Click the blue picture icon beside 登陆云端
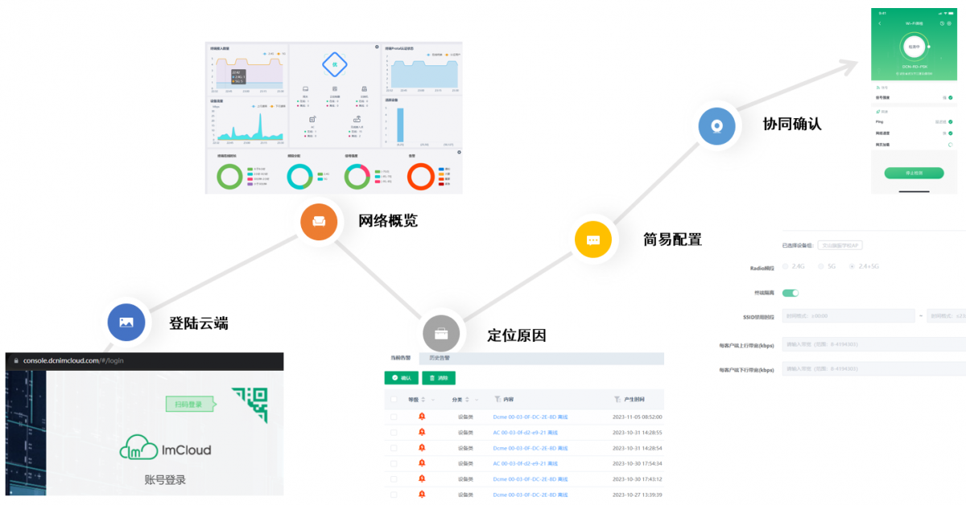coord(126,322)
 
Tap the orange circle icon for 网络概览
coord(319,221)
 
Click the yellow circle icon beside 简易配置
coord(593,240)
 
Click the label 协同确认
coord(792,125)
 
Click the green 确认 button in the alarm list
coord(402,378)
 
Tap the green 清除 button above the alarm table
coord(439,378)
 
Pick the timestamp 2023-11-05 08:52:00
coord(637,417)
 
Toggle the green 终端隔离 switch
coord(790,294)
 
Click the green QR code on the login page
coord(250,404)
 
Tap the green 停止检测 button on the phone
coord(913,173)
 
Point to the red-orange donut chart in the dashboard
coord(421,176)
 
